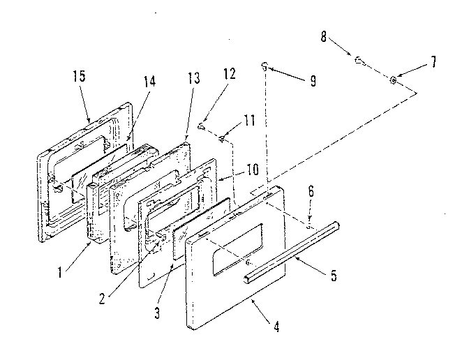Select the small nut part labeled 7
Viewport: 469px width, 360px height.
pyautogui.click(x=394, y=81)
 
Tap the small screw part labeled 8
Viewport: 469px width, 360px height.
pyautogui.click(x=357, y=61)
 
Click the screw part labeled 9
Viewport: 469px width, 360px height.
pyautogui.click(x=265, y=66)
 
